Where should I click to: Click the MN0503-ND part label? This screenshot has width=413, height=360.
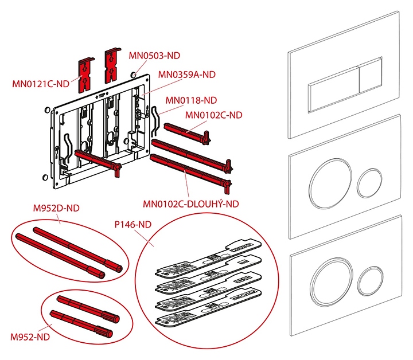click(154, 56)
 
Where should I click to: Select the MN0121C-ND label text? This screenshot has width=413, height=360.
click(40, 84)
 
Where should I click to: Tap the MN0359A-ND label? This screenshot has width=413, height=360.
click(186, 74)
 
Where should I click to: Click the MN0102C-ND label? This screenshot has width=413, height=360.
click(214, 115)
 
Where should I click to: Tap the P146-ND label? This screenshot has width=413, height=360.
click(133, 225)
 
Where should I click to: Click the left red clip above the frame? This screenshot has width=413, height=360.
click(84, 72)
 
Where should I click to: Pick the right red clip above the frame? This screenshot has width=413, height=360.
click(111, 64)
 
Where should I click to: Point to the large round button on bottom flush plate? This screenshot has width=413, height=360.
click(330, 282)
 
